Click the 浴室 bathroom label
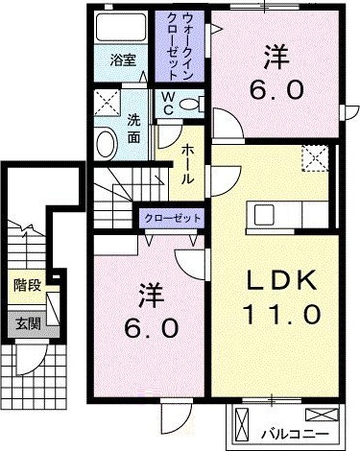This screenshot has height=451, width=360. [x=122, y=59]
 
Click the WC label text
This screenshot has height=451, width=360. [x=166, y=103]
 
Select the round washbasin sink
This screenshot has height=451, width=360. [x=106, y=144]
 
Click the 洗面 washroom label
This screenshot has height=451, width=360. [x=134, y=130]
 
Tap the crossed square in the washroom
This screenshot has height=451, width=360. [x=106, y=102]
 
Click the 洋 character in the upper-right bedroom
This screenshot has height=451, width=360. [x=277, y=56]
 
